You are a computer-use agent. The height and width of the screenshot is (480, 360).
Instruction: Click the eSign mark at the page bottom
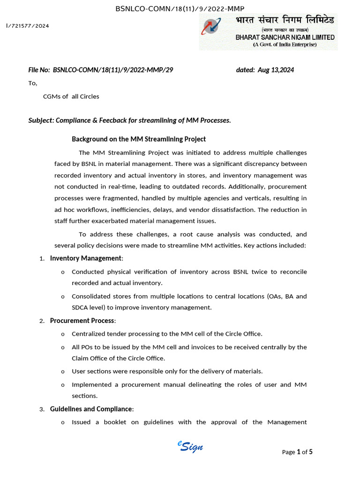[x=190, y=446]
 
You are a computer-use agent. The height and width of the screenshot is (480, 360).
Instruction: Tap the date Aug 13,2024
[x=276, y=70]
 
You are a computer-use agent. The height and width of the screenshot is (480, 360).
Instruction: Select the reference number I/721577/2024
[x=28, y=26]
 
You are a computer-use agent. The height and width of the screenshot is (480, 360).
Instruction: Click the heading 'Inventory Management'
[x=86, y=258]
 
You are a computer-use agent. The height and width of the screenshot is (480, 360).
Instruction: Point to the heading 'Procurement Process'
[x=82, y=321]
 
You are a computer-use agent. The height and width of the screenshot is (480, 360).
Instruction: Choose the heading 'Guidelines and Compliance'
[x=91, y=409]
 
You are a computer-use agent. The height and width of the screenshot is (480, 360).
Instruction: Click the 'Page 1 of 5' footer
[x=297, y=452]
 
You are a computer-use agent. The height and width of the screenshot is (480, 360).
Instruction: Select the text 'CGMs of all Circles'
[x=71, y=97]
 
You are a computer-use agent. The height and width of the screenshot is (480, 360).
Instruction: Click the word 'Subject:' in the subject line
[x=41, y=120]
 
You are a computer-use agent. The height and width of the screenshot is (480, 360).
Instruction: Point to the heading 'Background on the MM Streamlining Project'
[x=139, y=139]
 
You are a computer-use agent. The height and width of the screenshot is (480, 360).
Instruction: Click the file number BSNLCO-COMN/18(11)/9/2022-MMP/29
[x=113, y=70]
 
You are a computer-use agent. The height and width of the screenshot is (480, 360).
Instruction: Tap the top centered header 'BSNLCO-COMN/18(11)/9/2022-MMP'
[x=180, y=8]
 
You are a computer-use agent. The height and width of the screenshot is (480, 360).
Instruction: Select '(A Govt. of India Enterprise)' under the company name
[x=285, y=45]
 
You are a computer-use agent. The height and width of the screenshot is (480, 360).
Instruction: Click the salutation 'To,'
[x=33, y=83]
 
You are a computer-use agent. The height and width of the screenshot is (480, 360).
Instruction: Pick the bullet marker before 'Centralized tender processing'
[x=63, y=334]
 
